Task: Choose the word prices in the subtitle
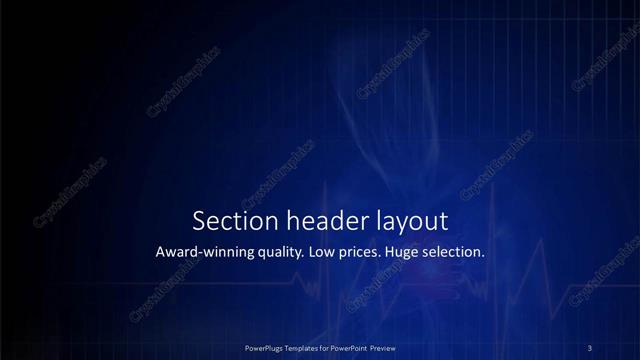[x=371, y=253]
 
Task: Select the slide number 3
[x=590, y=347]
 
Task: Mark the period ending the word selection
[x=484, y=257]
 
